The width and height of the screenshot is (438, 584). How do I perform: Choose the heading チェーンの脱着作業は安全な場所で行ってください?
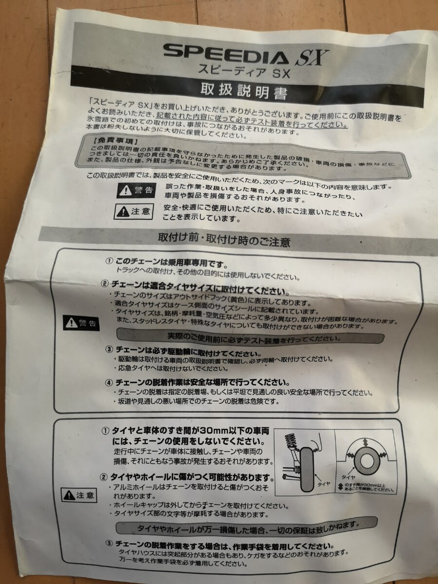click(201, 382)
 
